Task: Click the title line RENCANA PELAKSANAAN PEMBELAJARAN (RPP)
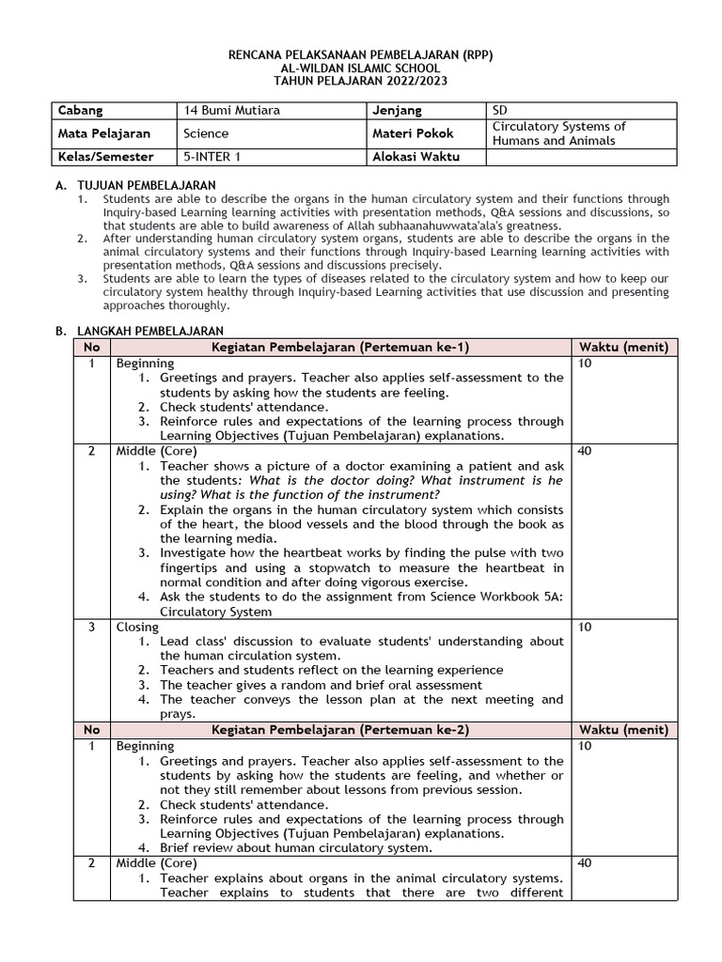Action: pyautogui.click(x=360, y=55)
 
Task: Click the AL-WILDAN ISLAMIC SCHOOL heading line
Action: pyautogui.click(x=360, y=69)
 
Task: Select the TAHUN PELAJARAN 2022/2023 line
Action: pyautogui.click(x=360, y=82)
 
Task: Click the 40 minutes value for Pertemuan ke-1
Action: pyautogui.click(x=586, y=451)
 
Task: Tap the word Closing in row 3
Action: pyautogui.click(x=137, y=627)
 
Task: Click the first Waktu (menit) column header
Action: pyautogui.click(x=623, y=348)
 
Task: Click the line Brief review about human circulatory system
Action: pyautogui.click(x=295, y=848)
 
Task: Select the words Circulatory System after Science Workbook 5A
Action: pyautogui.click(x=215, y=612)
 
